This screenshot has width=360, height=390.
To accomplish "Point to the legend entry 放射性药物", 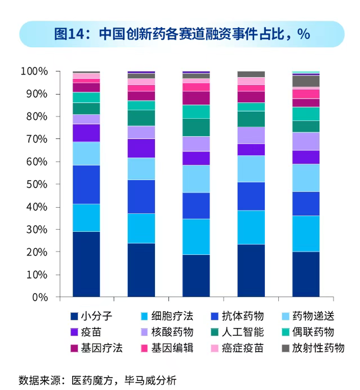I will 318,348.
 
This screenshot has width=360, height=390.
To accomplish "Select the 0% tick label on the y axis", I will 39,297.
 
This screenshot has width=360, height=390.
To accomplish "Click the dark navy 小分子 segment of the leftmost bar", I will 86,264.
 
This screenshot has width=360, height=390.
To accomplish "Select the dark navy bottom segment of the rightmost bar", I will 305,274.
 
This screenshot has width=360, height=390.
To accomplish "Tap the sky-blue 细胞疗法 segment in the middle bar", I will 195,236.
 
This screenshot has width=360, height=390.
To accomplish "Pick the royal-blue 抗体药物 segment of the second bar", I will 141,196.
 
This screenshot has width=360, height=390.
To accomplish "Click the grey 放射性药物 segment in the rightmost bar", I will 305,81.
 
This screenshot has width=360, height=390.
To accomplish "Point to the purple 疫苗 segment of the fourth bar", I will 251,149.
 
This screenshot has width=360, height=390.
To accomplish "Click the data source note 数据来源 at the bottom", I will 97,380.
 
